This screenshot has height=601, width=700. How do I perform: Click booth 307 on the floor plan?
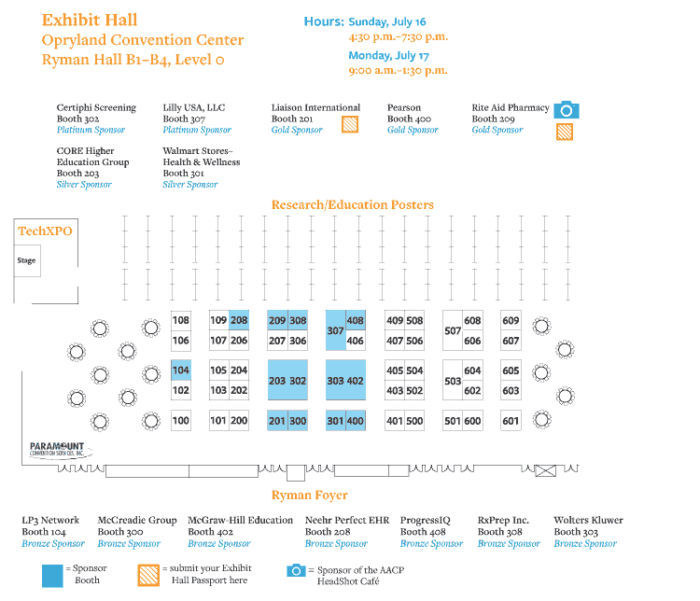(x=335, y=330)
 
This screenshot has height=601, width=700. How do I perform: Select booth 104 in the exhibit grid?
(x=181, y=370)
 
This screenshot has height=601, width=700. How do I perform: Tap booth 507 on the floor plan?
(x=453, y=330)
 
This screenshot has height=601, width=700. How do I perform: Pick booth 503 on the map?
(x=453, y=381)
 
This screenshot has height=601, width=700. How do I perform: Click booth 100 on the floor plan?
(x=181, y=421)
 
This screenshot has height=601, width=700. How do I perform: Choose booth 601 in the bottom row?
(x=511, y=421)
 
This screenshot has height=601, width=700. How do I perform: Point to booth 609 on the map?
(x=511, y=321)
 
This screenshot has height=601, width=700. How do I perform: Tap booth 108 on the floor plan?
(x=181, y=321)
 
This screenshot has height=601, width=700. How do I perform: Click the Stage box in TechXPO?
(x=26, y=260)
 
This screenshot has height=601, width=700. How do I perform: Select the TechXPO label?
(x=45, y=231)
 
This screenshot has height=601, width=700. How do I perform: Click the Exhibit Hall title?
(x=90, y=20)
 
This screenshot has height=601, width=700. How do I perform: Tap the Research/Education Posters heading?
(x=352, y=204)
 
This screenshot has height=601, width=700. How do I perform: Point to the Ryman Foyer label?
(x=309, y=495)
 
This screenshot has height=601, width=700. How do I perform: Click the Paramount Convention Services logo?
(x=57, y=450)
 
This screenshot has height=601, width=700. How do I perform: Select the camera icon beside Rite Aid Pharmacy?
(x=566, y=110)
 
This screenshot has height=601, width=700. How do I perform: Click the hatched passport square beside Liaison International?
(x=350, y=124)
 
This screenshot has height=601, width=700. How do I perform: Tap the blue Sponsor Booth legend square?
(x=53, y=574)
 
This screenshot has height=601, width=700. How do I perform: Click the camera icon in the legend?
(x=296, y=570)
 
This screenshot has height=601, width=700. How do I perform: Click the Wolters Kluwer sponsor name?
(x=588, y=520)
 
